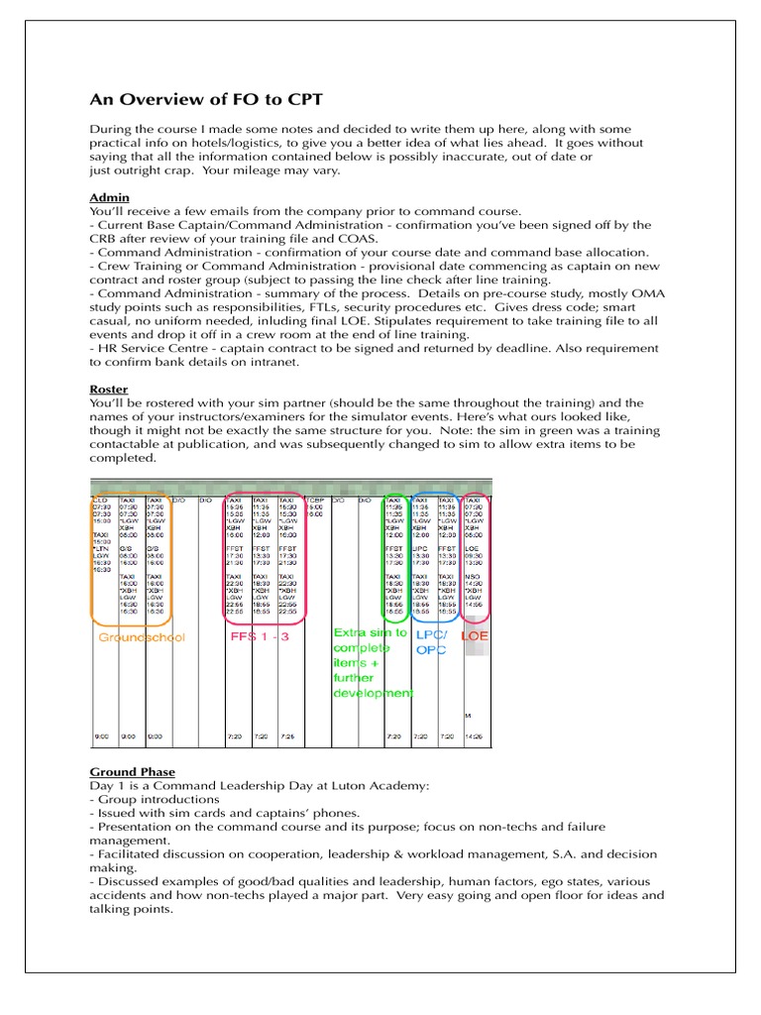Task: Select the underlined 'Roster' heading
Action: pyautogui.click(x=109, y=391)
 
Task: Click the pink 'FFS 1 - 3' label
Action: pyautogui.click(x=261, y=636)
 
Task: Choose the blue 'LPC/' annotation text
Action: pyautogui.click(x=430, y=633)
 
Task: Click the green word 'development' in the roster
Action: pyautogui.click(x=372, y=693)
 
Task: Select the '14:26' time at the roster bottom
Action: pyautogui.click(x=476, y=736)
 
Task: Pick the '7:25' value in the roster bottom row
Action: pyautogui.click(x=287, y=736)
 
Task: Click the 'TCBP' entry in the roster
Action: pyautogui.click(x=316, y=501)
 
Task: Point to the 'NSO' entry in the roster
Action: pyautogui.click(x=473, y=576)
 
